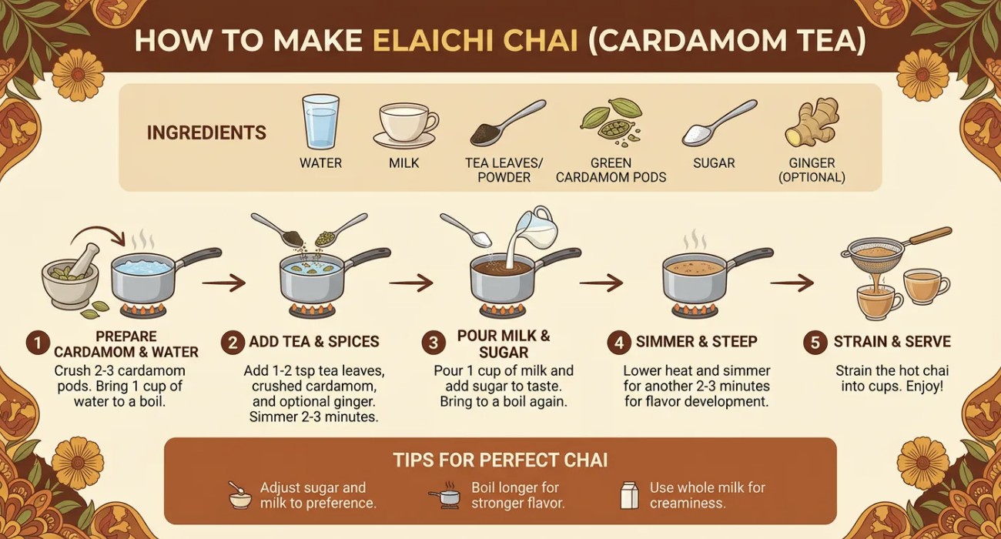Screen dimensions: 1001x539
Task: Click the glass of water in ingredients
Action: click(x=320, y=121)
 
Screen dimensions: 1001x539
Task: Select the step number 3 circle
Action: click(x=433, y=343)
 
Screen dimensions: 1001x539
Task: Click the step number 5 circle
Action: click(x=815, y=343)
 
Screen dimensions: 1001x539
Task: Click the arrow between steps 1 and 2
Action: click(x=223, y=283)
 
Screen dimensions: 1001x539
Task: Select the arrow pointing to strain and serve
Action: click(x=792, y=283)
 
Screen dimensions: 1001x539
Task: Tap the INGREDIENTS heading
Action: click(x=206, y=132)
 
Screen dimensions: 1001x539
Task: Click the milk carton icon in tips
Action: click(x=630, y=495)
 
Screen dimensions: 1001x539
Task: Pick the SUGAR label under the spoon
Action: click(x=714, y=163)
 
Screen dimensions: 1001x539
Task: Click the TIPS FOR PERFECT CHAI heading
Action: click(x=500, y=460)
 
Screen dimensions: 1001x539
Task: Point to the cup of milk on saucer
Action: click(x=405, y=126)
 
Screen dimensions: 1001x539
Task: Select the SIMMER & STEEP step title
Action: click(x=696, y=342)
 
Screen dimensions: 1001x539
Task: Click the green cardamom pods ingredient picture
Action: click(x=611, y=122)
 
